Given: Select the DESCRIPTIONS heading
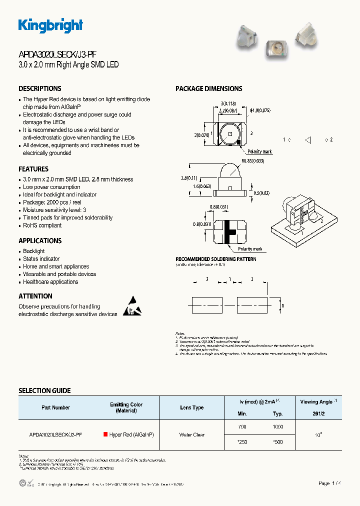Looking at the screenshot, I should tap(40, 88).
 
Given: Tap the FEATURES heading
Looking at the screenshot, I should tap(33, 169).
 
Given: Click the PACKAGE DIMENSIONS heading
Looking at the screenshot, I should tap(208, 88).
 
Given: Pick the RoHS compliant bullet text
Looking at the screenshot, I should tap(42, 225).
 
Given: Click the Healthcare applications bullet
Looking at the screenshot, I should tap(50, 282).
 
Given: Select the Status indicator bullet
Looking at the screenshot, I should tap(41, 259).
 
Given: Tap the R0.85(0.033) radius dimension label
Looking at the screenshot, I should tap(252, 161).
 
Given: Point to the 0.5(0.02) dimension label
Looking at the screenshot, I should tap(262, 193).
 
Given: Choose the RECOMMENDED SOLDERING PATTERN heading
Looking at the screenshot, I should tap(216, 259).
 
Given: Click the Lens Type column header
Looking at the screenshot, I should tap(192, 407).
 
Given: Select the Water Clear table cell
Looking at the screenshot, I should tap(192, 435).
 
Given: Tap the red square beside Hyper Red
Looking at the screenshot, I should tap(105, 434).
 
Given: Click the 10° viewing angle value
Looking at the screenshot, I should tap(318, 435).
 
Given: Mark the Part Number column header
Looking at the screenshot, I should tap(55, 407).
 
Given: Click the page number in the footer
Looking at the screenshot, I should tap(330, 483).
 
